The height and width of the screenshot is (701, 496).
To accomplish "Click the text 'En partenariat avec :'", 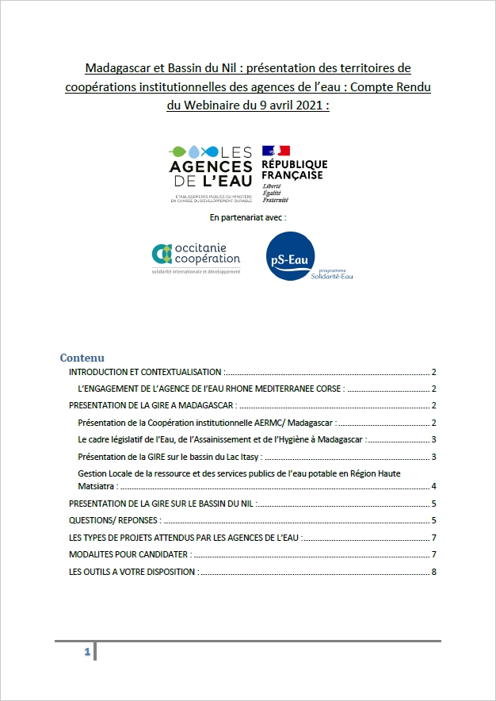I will point(248,216).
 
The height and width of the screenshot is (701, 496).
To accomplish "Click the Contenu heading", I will point(82,358).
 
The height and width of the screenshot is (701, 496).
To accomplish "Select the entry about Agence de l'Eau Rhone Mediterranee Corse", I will point(211,389).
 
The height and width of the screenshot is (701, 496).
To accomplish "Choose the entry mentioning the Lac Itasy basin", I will point(170,456).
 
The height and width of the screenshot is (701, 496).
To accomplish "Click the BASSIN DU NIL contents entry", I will point(162,504).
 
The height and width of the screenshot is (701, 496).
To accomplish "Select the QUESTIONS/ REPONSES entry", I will point(116,521).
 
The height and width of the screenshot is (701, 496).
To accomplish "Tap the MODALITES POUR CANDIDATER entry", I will point(128,554).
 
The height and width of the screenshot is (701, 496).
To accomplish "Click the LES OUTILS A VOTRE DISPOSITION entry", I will point(133,571).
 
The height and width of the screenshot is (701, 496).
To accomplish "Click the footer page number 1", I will point(87,653).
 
